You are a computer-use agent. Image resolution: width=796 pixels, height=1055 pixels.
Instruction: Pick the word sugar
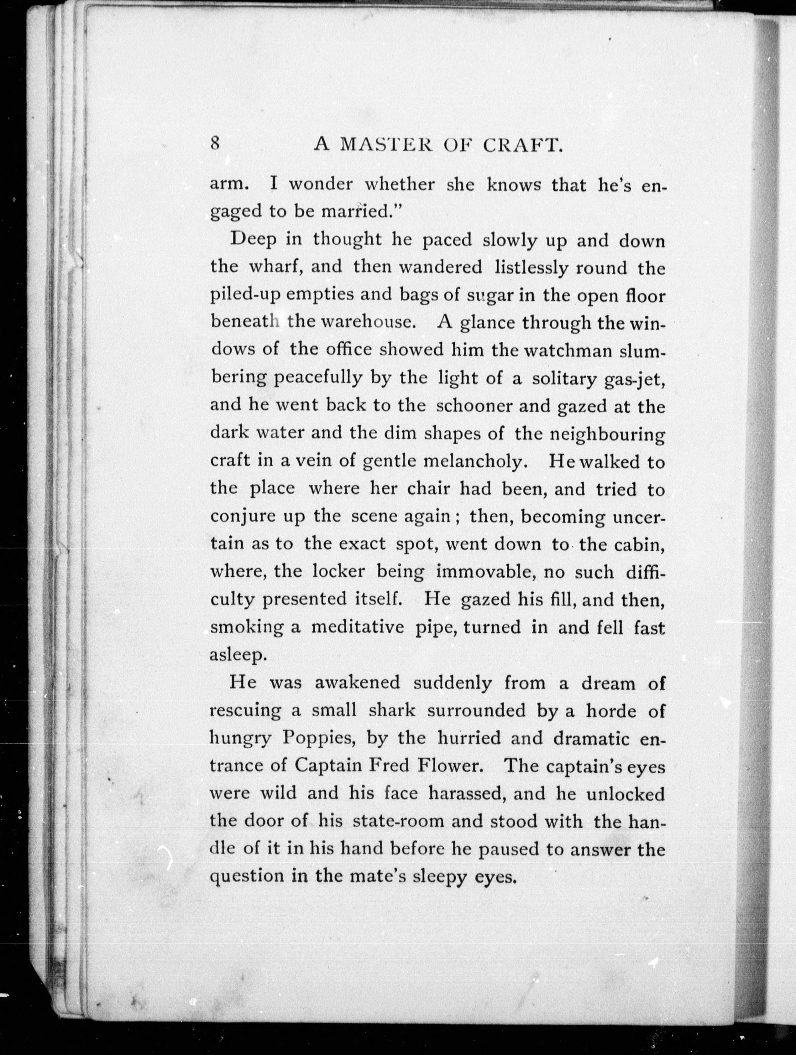[x=483, y=296]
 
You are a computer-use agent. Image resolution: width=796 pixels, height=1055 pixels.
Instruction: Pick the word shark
[x=392, y=711]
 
